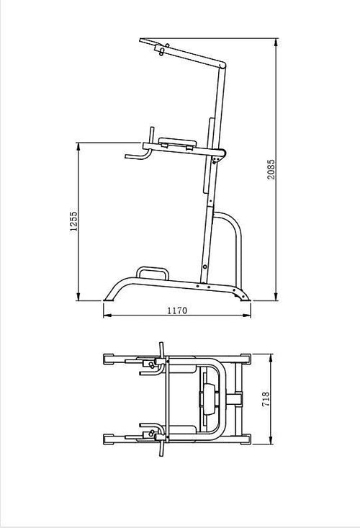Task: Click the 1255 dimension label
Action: click(72, 222)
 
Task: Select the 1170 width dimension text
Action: click(177, 310)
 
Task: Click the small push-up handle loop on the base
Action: click(152, 272)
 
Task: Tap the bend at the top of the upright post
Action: click(225, 66)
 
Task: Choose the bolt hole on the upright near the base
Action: click(204, 268)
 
